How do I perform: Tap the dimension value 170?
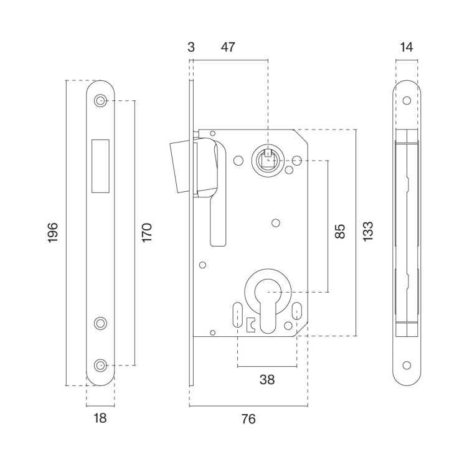pyautogui.click(x=146, y=232)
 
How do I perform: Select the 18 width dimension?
pyautogui.click(x=100, y=418)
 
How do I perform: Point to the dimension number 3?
pyautogui.click(x=191, y=47)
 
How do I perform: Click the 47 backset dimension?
pyautogui.click(x=228, y=47)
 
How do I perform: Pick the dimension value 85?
pyautogui.click(x=339, y=232)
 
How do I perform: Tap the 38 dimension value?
pyautogui.click(x=267, y=380)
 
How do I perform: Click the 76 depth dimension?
pyautogui.click(x=248, y=419)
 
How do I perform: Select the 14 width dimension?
pyautogui.click(x=407, y=47)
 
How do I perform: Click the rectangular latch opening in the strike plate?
pyautogui.click(x=100, y=165)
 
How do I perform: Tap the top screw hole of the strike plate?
pyautogui.click(x=100, y=101)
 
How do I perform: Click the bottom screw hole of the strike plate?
pyautogui.click(x=100, y=365)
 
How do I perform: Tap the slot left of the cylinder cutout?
pyautogui.click(x=238, y=313)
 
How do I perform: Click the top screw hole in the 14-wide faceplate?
pyautogui.click(x=407, y=101)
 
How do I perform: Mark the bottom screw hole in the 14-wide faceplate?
pyautogui.click(x=407, y=365)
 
